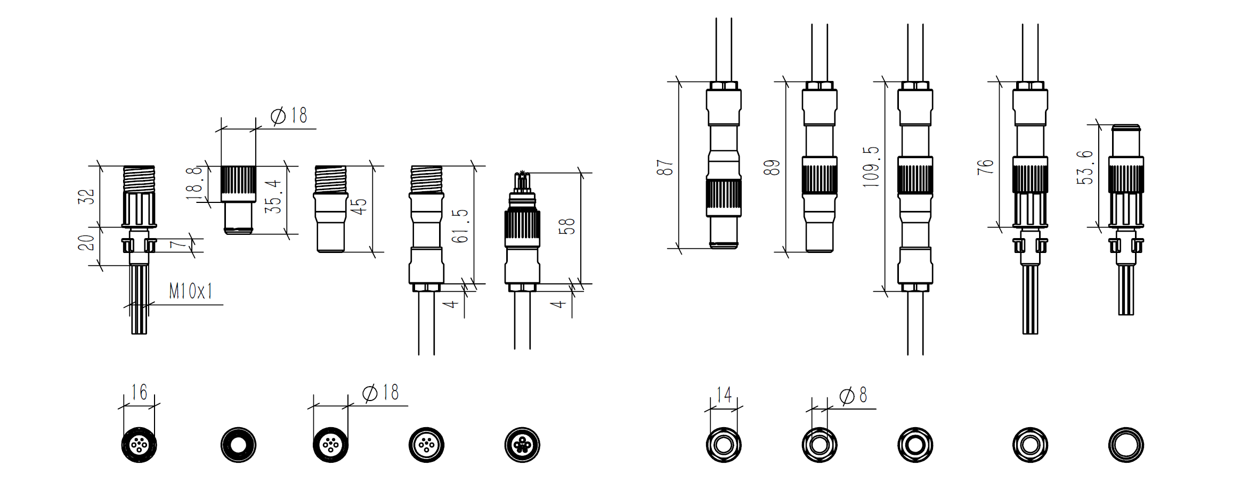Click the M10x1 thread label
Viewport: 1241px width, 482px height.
[191, 291]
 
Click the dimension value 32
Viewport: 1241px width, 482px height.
[86, 197]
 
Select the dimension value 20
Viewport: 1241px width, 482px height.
[86, 243]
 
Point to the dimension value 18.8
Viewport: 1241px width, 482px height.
[194, 183]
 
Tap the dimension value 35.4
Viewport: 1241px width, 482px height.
[273, 197]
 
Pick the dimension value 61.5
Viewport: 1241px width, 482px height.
[460, 226]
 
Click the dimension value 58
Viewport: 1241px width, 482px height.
[567, 226]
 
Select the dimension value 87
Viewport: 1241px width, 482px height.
[665, 167]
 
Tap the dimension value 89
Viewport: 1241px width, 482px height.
[772, 167]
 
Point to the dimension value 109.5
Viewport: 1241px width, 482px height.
[871, 167]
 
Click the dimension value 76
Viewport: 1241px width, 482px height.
[986, 167]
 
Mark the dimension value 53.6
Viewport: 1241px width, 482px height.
[1085, 168]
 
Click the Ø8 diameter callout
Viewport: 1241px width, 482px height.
[854, 396]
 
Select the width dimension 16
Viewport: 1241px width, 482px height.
[139, 393]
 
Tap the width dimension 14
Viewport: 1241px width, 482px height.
[724, 395]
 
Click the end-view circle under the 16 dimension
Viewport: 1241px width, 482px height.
[139, 445]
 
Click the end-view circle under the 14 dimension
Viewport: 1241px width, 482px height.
[724, 445]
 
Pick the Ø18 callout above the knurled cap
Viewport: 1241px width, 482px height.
[289, 116]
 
